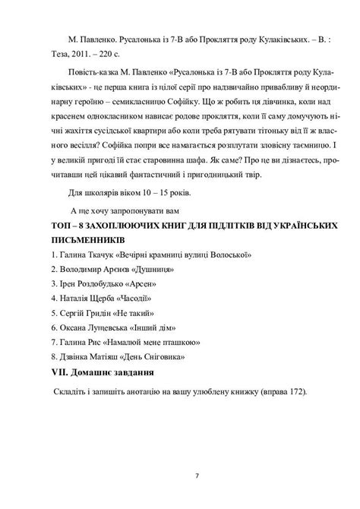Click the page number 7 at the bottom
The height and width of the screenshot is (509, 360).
[x=196, y=477]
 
